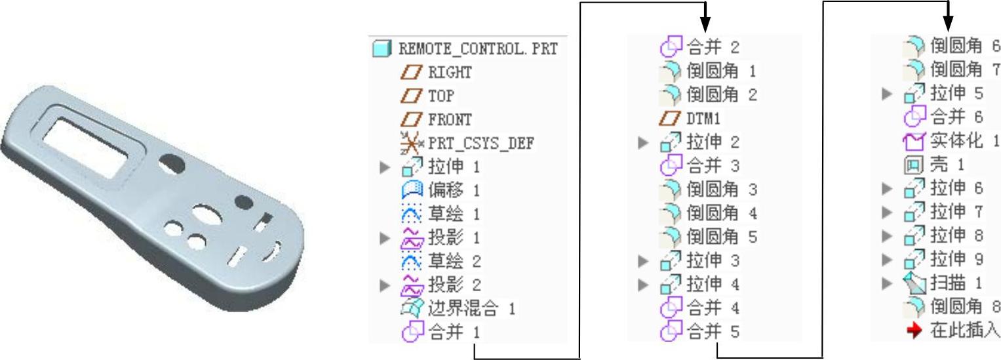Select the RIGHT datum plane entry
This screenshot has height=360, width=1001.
tap(450, 72)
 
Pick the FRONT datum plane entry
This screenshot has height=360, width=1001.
tap(450, 119)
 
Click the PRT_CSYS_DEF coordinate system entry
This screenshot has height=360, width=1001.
tap(481, 143)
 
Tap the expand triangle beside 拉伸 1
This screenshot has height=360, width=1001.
tap(385, 167)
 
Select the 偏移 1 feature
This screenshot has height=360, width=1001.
tap(454, 191)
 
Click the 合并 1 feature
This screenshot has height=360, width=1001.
tap(454, 332)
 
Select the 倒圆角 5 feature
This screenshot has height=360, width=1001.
tap(721, 237)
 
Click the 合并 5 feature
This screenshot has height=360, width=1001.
tap(713, 332)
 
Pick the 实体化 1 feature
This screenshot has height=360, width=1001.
tap(964, 141)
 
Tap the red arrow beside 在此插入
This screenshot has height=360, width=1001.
tap(914, 330)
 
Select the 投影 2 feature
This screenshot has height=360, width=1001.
tap(454, 285)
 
